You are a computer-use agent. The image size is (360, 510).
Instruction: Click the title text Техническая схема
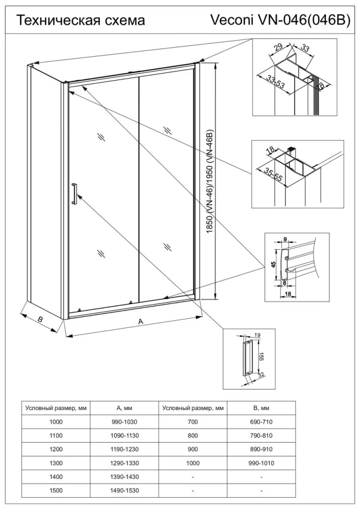(81, 20)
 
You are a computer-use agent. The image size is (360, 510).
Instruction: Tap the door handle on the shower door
(74, 194)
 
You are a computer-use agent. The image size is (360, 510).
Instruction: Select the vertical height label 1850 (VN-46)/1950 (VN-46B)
(209, 182)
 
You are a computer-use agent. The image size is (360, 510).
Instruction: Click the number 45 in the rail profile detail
(273, 264)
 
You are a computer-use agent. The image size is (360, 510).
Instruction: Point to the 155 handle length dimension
(260, 355)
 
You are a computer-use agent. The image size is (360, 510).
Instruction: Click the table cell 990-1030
(124, 422)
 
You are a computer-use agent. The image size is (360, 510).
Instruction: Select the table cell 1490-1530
(124, 491)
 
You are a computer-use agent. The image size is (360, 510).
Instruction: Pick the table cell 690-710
(261, 422)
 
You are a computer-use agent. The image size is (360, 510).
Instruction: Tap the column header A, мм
(124, 408)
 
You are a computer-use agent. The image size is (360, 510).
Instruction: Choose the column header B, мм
(261, 408)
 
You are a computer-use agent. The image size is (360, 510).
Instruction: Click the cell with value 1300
(56, 463)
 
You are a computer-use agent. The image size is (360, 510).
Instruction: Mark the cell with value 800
(192, 436)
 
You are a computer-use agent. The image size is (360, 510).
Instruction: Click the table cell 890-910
(261, 449)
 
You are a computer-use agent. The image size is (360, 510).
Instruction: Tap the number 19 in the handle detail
(257, 335)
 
